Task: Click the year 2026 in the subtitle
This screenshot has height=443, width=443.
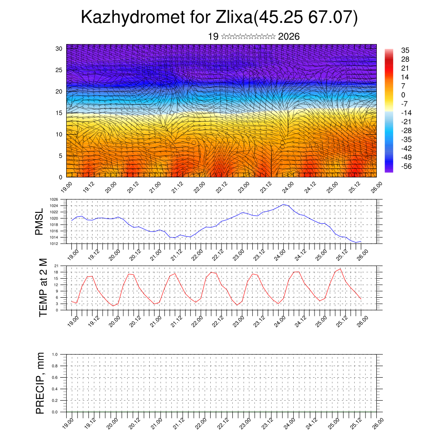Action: coord(289,36)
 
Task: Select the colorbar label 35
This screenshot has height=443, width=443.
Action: coord(405,50)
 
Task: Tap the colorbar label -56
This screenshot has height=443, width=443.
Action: coord(405,166)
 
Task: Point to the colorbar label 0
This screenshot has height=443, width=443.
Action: coord(403,95)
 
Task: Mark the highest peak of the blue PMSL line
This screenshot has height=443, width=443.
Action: coord(284,204)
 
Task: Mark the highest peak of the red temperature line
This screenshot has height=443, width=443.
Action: coord(340,269)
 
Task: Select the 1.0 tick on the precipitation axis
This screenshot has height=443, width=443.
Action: coord(55,354)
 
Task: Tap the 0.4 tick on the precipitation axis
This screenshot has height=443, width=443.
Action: coord(55,389)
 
